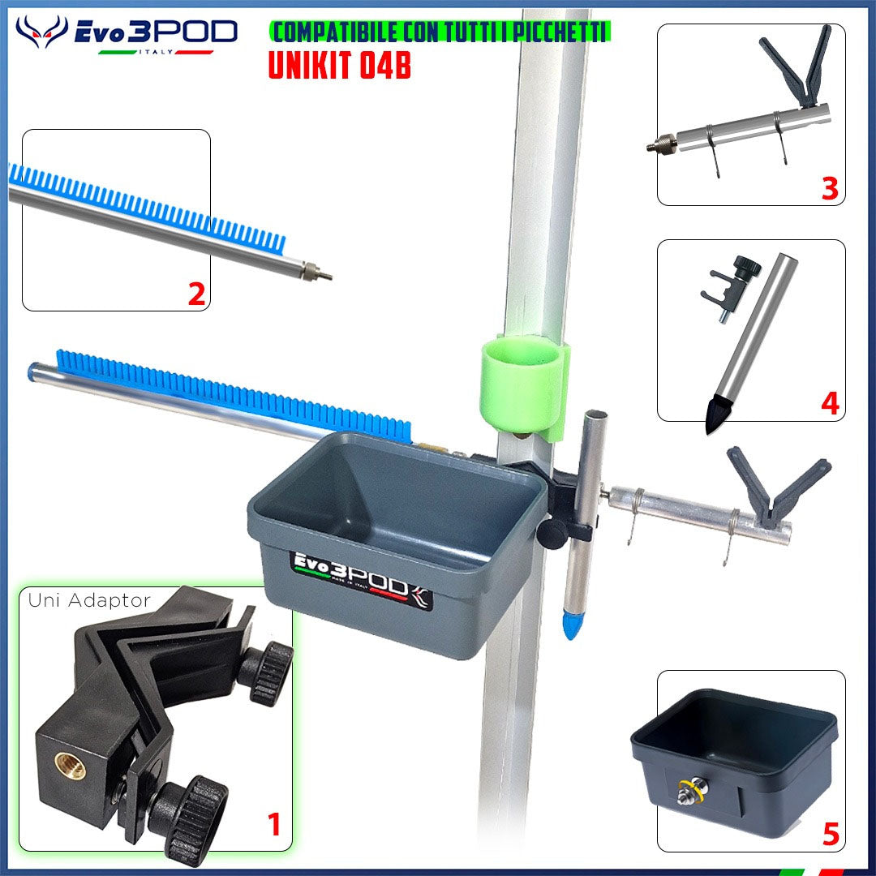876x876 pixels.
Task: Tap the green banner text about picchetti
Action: pyautogui.click(x=440, y=32)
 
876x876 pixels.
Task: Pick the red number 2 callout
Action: pyautogui.click(x=196, y=294)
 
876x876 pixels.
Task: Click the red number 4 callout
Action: pyautogui.click(x=831, y=403)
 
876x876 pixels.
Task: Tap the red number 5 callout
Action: pyautogui.click(x=831, y=835)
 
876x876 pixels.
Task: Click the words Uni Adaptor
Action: pyautogui.click(x=89, y=600)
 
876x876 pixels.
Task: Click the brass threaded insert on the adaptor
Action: pyautogui.click(x=71, y=766)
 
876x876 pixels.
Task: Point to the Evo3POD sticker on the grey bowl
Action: pyautogui.click(x=363, y=578)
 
